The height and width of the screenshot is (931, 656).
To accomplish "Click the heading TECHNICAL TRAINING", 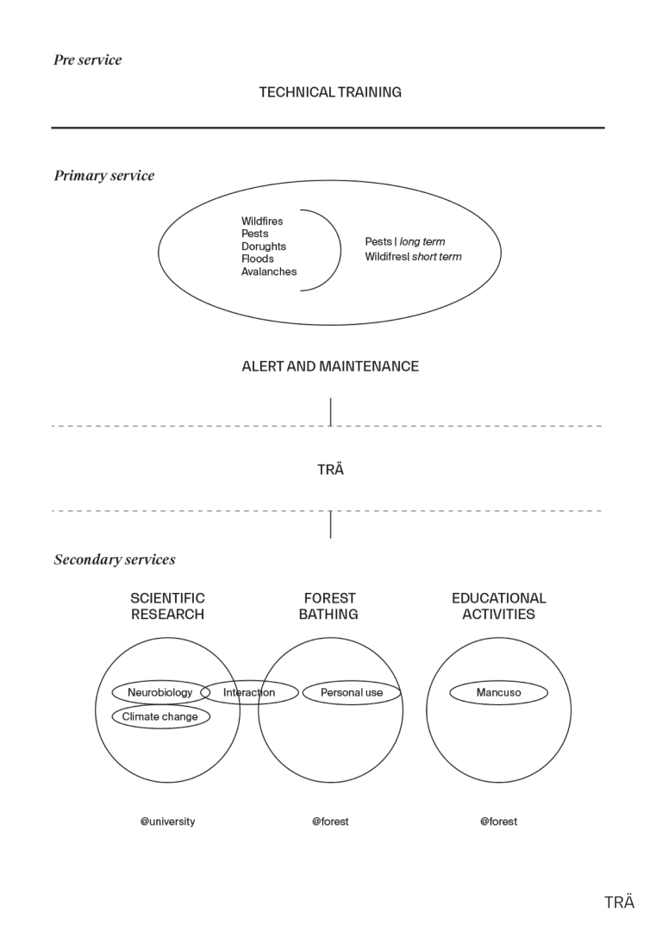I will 330,92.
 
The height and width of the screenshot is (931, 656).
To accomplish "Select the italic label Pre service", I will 88,59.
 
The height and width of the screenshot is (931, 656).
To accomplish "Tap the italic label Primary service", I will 104,176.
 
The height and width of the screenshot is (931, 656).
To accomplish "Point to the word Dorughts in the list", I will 264,247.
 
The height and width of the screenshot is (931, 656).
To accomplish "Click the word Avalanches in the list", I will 269,272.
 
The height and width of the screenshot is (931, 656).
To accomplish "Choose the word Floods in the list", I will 258,259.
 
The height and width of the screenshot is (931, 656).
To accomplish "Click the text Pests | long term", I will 405,242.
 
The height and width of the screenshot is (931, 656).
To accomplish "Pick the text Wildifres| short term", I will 413,257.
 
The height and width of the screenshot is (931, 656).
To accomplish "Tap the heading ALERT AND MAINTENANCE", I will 330,366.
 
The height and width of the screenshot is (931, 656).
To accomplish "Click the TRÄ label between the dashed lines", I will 330,471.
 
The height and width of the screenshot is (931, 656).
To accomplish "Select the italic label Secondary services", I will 115,559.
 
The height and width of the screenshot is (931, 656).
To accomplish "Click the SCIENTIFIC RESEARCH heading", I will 167,606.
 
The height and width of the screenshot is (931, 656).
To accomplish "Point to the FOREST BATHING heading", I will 329,606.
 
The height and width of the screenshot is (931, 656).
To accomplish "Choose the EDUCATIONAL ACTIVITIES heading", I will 498,606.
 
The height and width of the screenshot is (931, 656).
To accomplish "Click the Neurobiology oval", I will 160,692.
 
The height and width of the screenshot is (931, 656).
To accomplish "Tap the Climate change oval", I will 160,716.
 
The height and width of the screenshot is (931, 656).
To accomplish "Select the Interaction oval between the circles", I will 249,692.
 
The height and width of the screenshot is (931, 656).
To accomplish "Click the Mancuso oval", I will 498,692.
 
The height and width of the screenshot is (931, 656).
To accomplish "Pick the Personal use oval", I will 352,692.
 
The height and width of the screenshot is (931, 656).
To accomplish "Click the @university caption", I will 167,822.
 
